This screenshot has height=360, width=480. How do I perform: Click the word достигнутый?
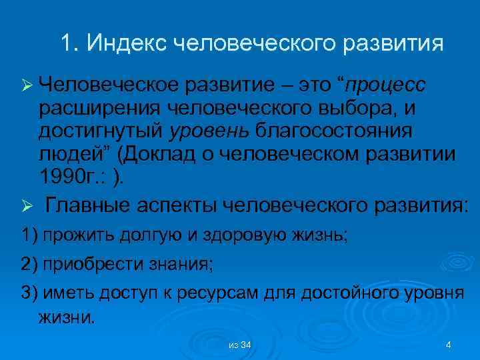pos(97,132)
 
